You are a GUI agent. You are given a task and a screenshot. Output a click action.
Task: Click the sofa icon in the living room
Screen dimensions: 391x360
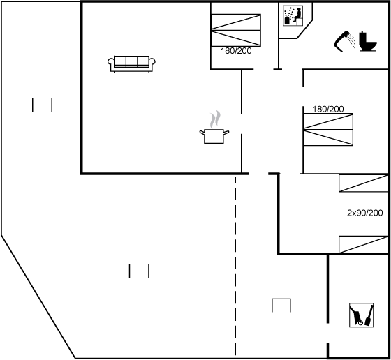131,64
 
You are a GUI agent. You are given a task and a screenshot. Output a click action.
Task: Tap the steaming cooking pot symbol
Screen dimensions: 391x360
214,127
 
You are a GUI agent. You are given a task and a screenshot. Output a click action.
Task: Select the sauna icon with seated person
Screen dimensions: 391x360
293,15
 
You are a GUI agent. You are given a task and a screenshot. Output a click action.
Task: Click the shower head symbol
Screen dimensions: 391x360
344,41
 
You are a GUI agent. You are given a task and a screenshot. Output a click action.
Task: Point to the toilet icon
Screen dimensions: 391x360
368,42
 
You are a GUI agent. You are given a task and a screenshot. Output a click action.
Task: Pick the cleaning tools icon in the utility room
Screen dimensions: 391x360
362,315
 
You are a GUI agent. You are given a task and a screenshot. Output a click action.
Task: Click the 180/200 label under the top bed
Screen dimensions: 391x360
236,51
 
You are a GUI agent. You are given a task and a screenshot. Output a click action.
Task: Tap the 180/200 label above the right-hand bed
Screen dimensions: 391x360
328,109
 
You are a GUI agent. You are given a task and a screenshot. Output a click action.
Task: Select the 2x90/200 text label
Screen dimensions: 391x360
364,213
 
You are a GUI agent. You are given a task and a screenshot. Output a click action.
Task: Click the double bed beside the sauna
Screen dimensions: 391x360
236,30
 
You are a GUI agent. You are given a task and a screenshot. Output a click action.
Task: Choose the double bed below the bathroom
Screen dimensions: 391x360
328,130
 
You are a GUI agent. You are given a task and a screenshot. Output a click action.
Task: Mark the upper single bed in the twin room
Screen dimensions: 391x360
364,183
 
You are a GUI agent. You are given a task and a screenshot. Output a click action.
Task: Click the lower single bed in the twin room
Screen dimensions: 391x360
364,244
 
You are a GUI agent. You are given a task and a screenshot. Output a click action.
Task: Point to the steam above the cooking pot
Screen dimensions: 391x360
215,119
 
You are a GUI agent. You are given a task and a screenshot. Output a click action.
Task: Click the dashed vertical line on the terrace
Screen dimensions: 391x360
235,266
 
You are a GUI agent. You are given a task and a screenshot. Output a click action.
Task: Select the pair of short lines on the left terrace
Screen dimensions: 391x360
42,105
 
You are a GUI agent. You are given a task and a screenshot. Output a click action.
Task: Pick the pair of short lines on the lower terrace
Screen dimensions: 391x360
139,271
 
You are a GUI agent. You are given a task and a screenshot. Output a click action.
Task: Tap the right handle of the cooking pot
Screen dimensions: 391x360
226,133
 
